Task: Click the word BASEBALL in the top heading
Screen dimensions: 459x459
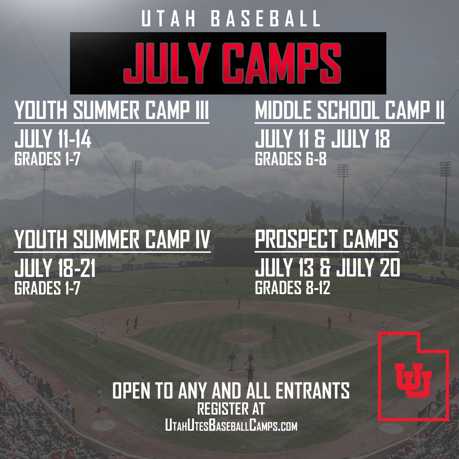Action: (x=265, y=19)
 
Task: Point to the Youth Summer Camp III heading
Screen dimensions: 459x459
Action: (x=112, y=111)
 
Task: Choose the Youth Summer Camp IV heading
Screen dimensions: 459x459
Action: (x=112, y=240)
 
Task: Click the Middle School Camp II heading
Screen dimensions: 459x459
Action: (x=349, y=111)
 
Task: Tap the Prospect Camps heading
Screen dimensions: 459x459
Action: (x=326, y=240)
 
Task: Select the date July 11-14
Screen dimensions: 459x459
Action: (x=53, y=139)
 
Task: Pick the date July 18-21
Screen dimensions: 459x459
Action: (x=55, y=268)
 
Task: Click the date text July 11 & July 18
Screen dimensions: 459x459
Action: (x=322, y=139)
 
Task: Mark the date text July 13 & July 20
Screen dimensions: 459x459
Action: (x=327, y=268)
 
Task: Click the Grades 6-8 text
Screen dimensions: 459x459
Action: (x=290, y=159)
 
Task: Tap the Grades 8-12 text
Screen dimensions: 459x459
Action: (x=292, y=288)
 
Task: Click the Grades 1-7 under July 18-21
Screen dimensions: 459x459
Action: (x=47, y=288)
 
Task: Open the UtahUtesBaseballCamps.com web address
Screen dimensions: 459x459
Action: (x=231, y=425)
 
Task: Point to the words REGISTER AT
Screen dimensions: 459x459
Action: (x=231, y=409)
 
